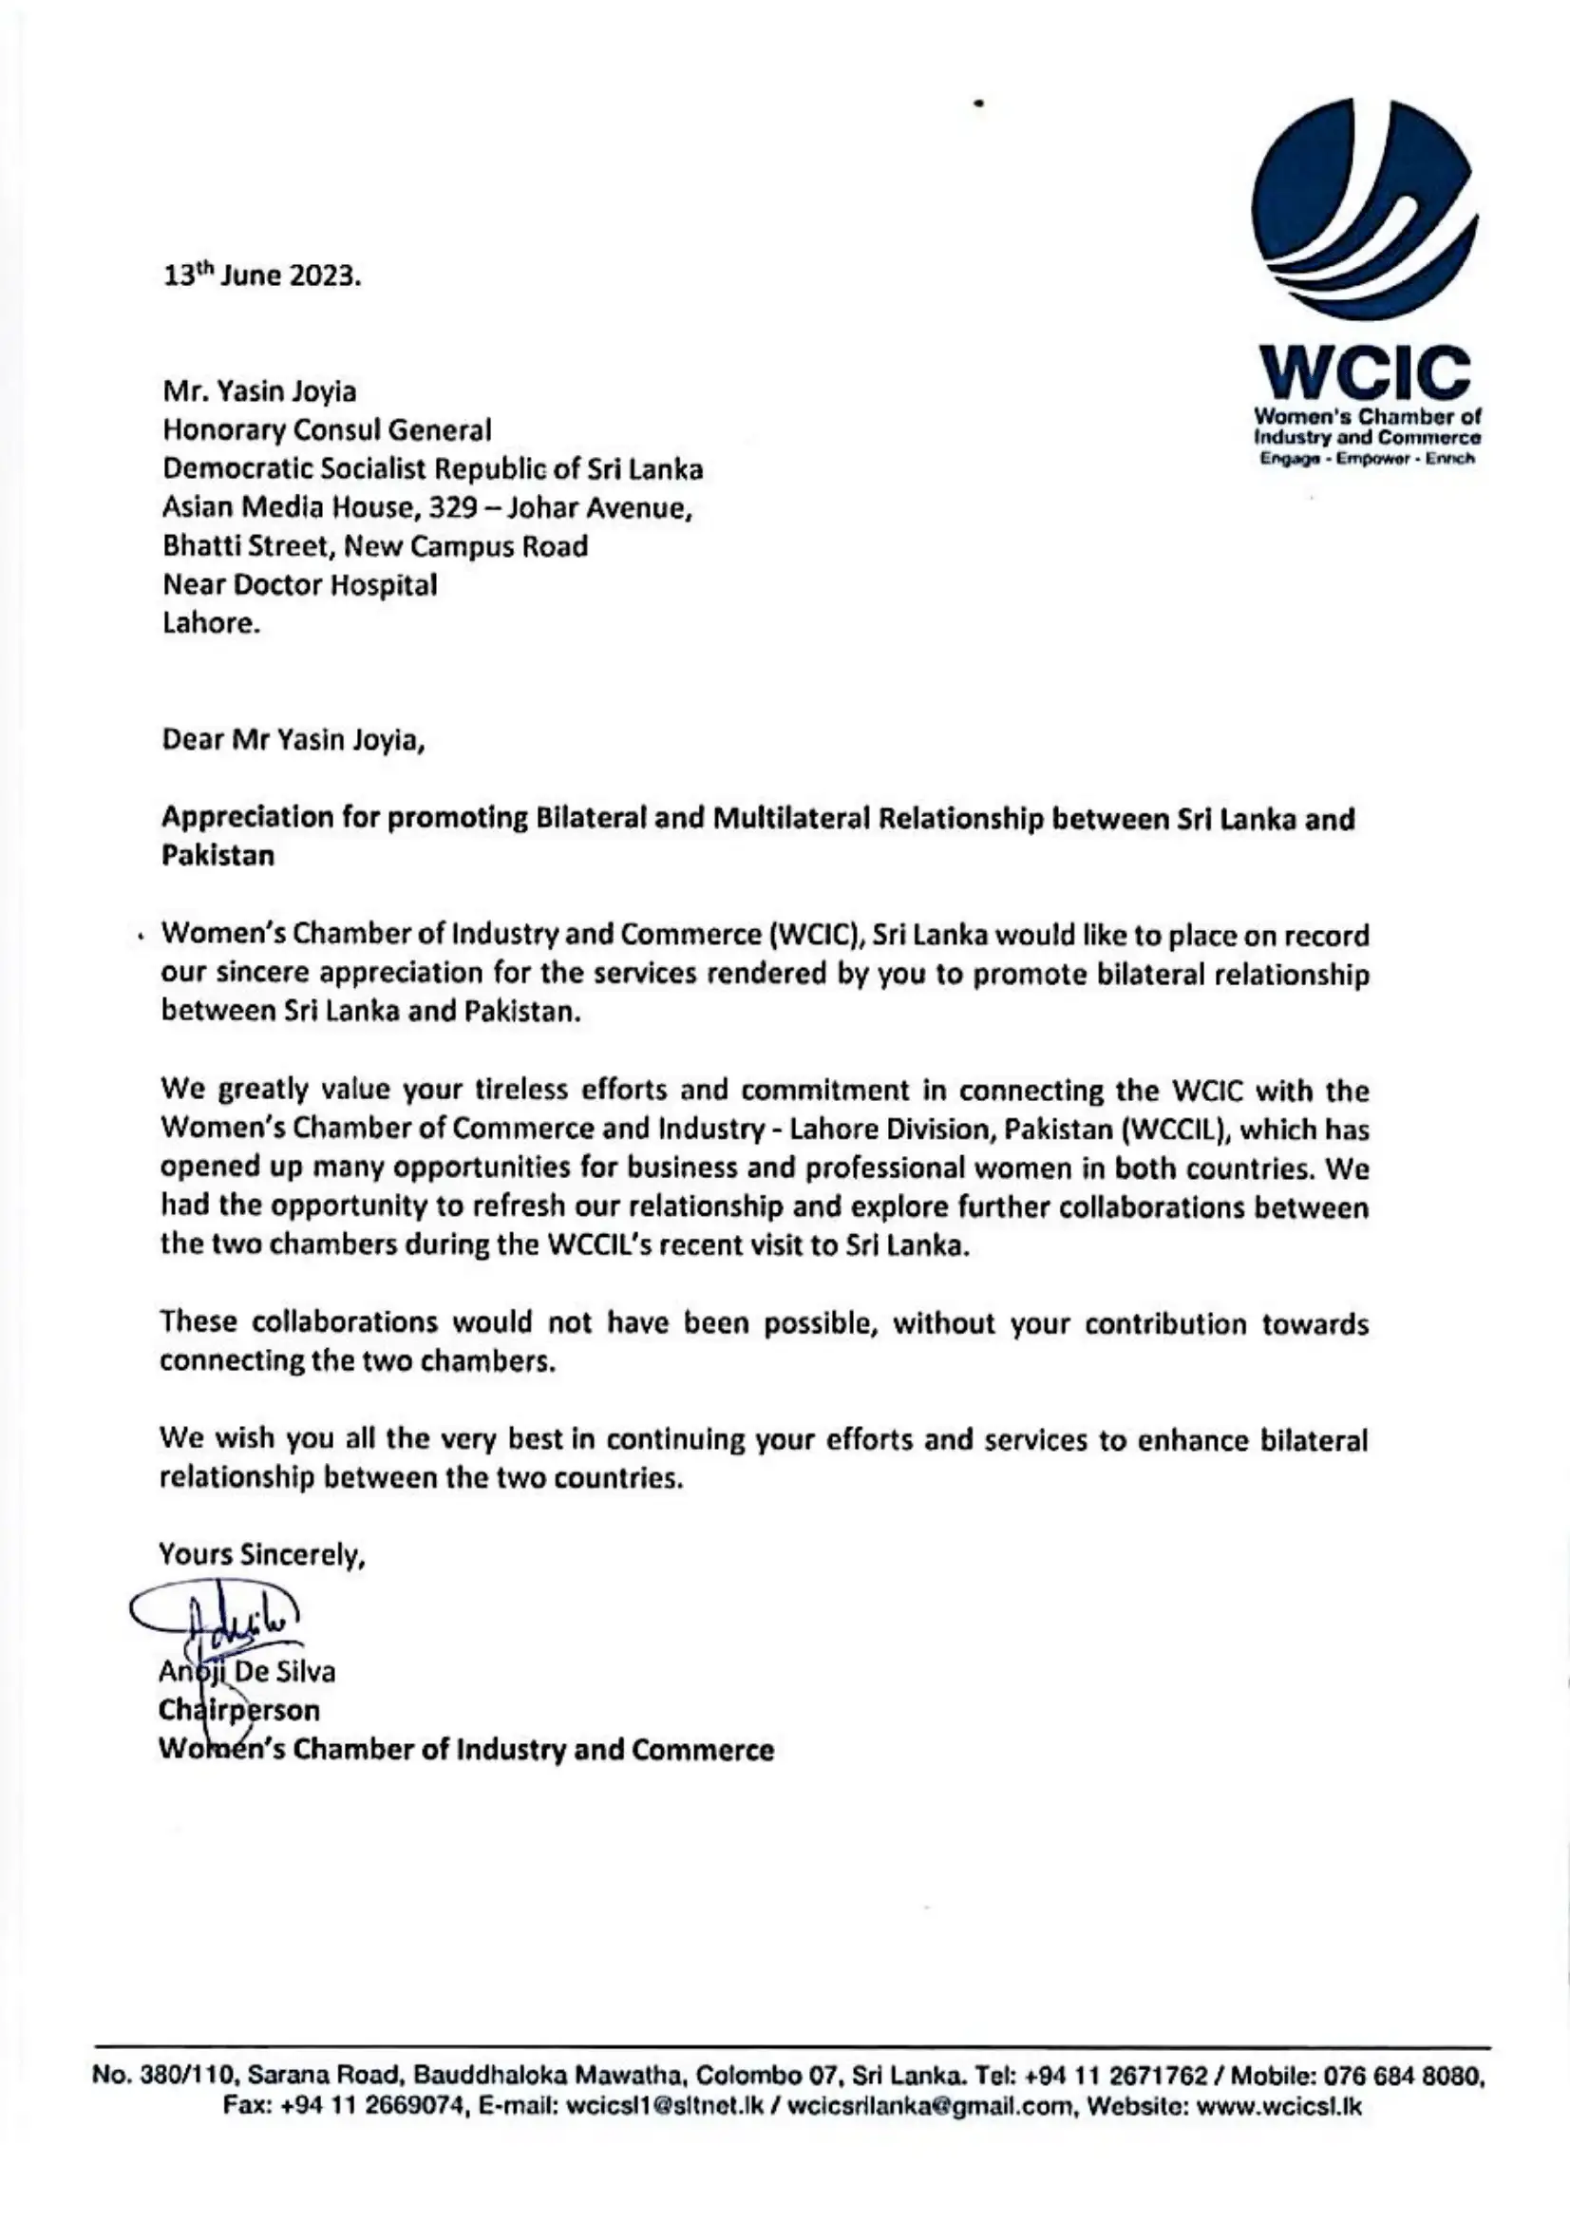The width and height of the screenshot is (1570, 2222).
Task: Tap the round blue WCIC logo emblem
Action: tap(1364, 209)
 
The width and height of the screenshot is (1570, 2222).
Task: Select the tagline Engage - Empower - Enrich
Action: tap(1366, 458)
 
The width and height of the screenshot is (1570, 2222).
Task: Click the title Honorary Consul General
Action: tap(327, 429)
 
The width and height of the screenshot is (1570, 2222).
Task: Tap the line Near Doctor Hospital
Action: tap(300, 584)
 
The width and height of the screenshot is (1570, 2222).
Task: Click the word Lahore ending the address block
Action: tap(211, 623)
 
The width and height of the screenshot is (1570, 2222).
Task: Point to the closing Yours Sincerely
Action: tap(261, 1555)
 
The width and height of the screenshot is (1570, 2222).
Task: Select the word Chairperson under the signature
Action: tap(239, 1710)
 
